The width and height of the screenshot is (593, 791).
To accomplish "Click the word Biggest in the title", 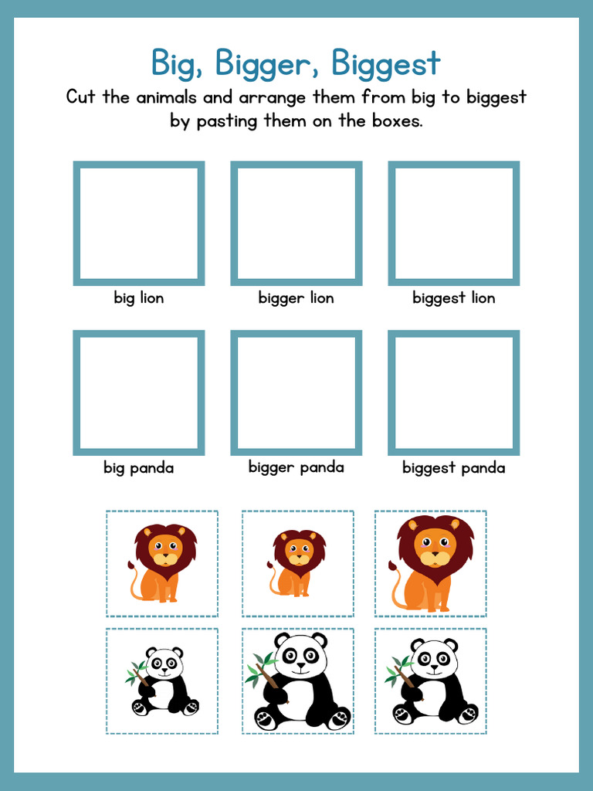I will coord(386,63).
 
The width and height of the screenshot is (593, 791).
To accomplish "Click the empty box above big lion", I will coord(139,223).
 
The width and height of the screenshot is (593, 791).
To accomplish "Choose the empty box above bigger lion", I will coord(296,223).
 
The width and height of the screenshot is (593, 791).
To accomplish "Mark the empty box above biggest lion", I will coord(454,223).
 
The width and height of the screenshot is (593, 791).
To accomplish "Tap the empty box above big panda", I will coord(139,392).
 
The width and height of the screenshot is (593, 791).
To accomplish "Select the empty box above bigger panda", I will coord(296,392).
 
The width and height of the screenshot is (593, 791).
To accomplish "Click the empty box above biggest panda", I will coord(454,392).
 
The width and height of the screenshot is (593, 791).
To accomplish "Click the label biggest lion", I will coord(454,298).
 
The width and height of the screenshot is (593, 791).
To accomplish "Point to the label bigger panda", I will coord(296,467).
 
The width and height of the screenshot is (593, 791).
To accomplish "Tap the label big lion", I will coord(139,298).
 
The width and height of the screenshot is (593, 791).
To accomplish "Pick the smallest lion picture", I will coord(297,563).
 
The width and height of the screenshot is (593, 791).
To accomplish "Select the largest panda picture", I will coord(299,681).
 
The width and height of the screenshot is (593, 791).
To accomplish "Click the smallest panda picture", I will coord(163,681).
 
